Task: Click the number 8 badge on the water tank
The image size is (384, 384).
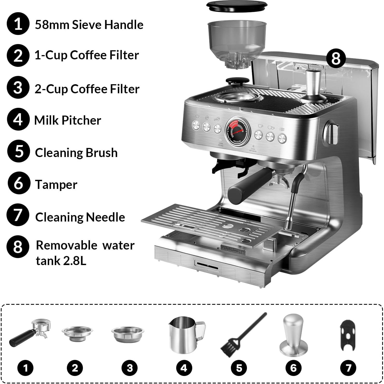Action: (x=336, y=59)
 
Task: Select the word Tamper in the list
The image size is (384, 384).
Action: (x=56, y=184)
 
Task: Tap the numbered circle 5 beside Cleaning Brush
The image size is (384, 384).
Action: (x=18, y=151)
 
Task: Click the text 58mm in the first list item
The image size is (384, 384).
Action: (x=52, y=25)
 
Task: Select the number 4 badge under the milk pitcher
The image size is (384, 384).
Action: (x=184, y=368)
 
